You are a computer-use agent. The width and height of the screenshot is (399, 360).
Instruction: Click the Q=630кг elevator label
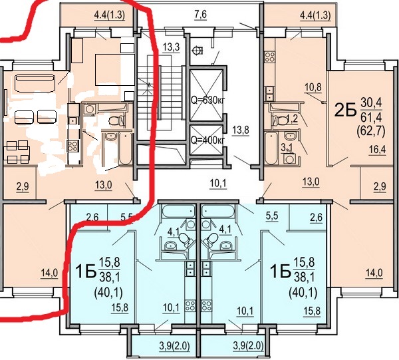[208, 100]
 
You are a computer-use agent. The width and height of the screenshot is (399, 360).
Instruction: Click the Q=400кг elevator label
[208, 140]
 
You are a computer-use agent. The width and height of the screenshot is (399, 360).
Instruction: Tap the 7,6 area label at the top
[201, 15]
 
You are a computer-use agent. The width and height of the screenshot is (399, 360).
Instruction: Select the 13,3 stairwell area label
[172, 47]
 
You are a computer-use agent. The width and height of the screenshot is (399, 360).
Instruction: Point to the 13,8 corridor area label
[241, 130]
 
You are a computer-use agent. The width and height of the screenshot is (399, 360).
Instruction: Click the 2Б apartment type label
[345, 110]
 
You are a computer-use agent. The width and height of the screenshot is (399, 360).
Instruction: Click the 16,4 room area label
[377, 150]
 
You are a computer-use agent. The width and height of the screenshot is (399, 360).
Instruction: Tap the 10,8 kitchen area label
[313, 87]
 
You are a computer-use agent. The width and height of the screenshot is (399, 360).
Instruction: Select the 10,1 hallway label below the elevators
[218, 183]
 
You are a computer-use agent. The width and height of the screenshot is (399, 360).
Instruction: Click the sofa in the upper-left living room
[35, 83]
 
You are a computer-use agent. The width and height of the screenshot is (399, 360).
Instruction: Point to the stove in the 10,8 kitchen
[270, 57]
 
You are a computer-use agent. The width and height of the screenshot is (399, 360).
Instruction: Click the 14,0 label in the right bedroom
[374, 273]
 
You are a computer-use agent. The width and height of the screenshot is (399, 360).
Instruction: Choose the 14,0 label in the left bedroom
[49, 273]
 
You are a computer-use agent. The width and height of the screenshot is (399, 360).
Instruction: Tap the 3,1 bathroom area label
[286, 148]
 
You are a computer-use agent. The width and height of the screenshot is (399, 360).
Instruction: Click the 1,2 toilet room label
[292, 119]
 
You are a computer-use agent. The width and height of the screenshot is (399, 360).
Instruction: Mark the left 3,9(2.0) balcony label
[174, 346]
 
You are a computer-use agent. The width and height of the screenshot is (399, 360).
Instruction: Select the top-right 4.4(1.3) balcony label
[315, 16]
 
